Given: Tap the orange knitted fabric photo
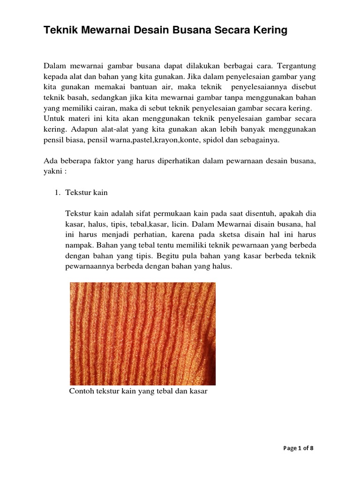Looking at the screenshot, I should pos(142,333).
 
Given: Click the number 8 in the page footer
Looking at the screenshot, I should pos(311,448).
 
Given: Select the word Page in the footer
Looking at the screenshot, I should pos(290,448).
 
